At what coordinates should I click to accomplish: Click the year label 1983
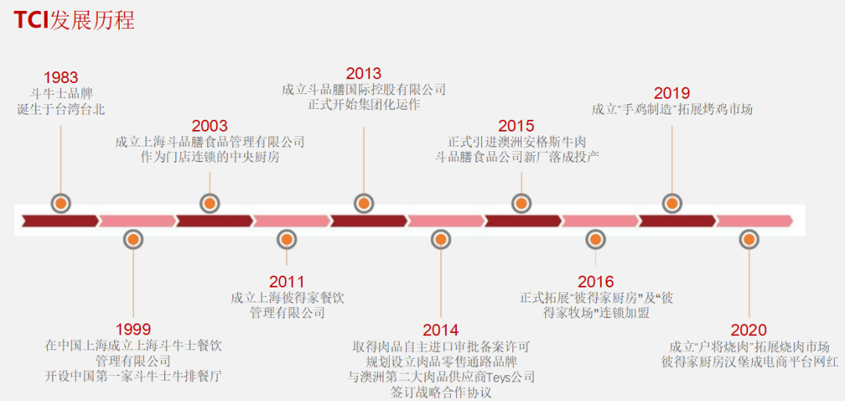[61, 78]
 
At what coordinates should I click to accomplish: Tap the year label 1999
[133, 330]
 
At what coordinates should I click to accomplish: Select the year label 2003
[210, 126]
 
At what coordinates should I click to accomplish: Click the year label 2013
[364, 74]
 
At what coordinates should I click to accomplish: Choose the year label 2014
[440, 330]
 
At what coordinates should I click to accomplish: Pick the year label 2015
[516, 126]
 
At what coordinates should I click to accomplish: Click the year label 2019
[672, 93]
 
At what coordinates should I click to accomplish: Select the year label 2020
[749, 330]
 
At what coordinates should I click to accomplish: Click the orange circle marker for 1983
[61, 203]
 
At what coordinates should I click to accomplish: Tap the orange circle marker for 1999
[134, 239]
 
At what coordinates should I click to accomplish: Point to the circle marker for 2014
[441, 239]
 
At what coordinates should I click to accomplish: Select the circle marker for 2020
[750, 239]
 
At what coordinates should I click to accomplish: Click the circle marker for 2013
[363, 203]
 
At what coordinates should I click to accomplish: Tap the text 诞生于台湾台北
[61, 109]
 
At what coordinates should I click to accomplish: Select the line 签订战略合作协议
[440, 392]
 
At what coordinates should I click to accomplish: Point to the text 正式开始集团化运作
[364, 104]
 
